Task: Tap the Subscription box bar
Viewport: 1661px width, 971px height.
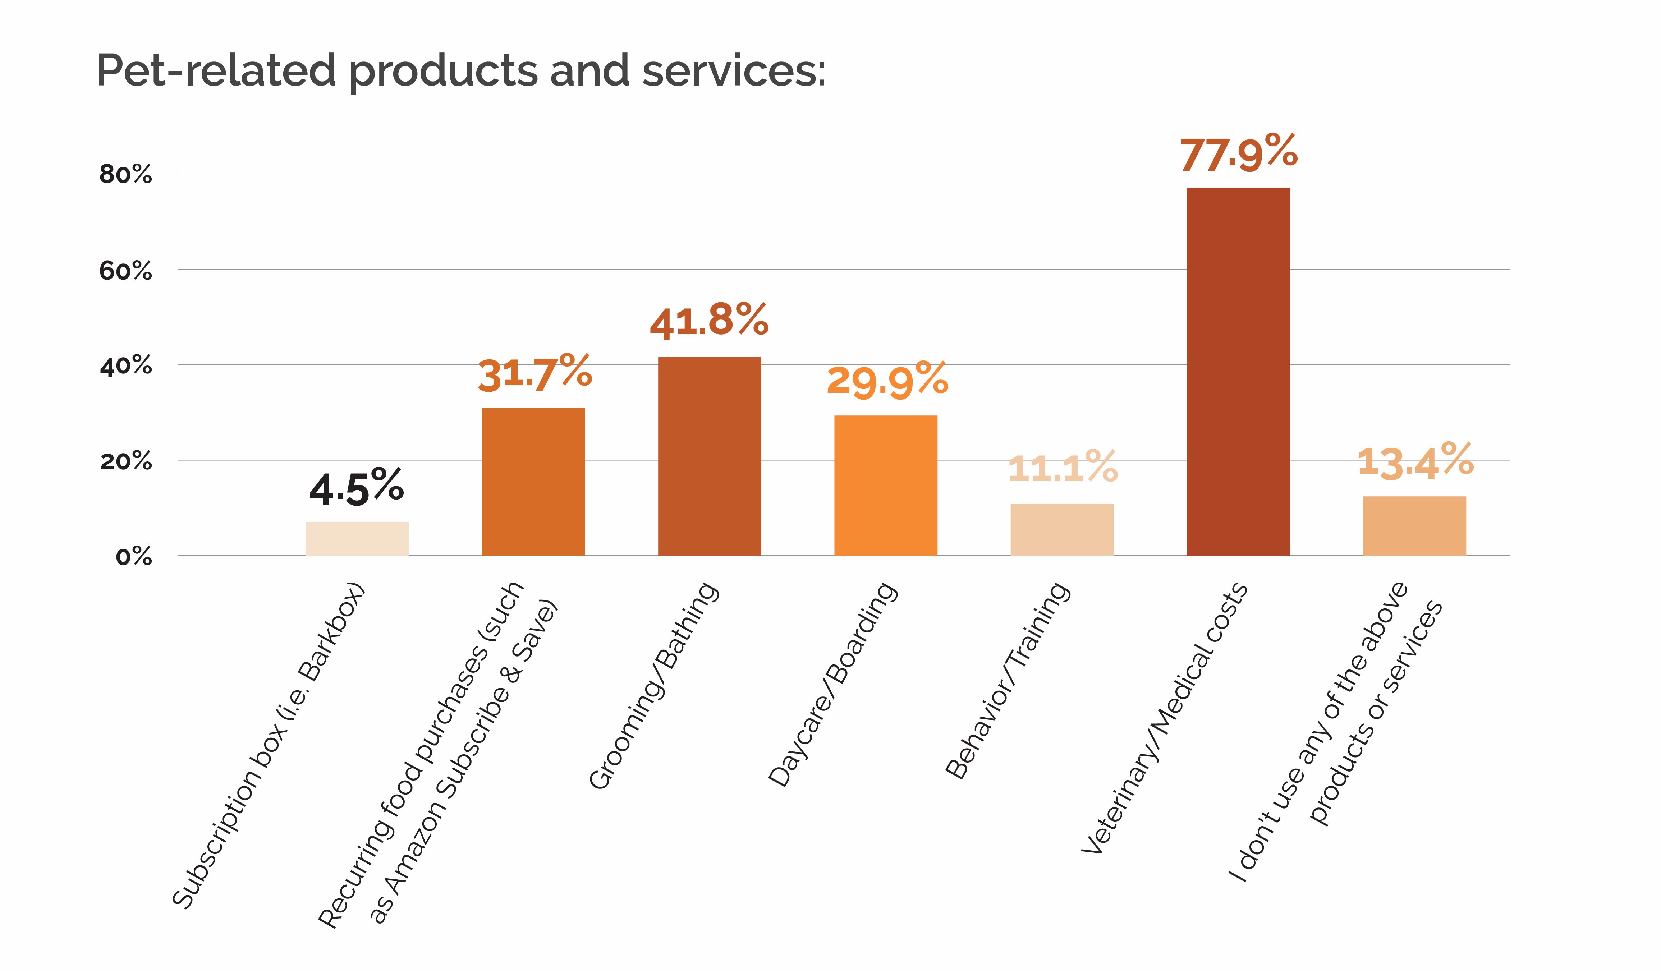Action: pos(357,539)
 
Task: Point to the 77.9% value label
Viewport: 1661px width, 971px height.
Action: pos(1239,153)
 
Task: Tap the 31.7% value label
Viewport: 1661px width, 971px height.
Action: pos(534,374)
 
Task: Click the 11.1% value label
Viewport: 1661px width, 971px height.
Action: pos(1063,468)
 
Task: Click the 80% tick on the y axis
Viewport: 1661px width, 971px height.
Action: pos(125,175)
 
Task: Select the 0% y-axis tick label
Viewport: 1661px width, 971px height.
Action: pos(134,557)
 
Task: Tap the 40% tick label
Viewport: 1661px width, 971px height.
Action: pos(125,366)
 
